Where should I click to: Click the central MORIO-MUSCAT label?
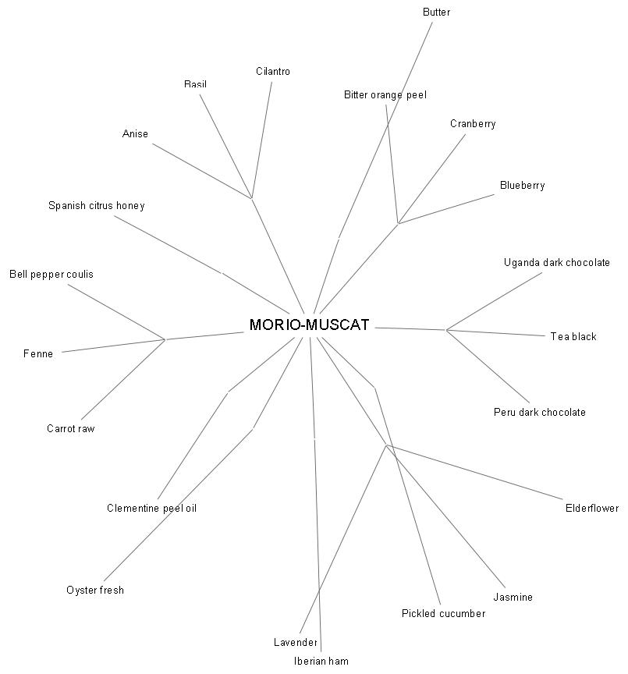pyautogui.click(x=309, y=325)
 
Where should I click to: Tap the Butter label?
pyautogui.click(x=436, y=12)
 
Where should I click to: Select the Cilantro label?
pyautogui.click(x=273, y=71)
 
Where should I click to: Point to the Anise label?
pyautogui.click(x=135, y=133)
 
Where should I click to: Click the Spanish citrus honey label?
pyautogui.click(x=96, y=205)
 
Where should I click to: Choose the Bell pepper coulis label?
pyautogui.click(x=51, y=275)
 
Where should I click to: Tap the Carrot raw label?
pyautogui.click(x=70, y=428)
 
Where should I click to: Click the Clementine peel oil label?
pyautogui.click(x=152, y=508)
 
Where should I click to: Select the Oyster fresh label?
pyautogui.click(x=95, y=591)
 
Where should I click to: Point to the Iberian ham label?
pyautogui.click(x=321, y=661)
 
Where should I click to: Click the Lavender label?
pyautogui.click(x=296, y=642)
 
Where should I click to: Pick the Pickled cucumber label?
pyautogui.click(x=444, y=613)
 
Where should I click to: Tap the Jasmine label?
pyautogui.click(x=513, y=597)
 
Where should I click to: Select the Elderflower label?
pyautogui.click(x=592, y=508)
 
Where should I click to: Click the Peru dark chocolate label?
pyautogui.click(x=539, y=412)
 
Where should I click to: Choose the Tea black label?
pyautogui.click(x=573, y=336)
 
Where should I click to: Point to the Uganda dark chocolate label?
pyautogui.click(x=557, y=263)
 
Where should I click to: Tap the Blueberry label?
pyautogui.click(x=522, y=185)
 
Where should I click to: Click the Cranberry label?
pyautogui.click(x=473, y=124)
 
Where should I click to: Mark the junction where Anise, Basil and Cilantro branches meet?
pyautogui.click(x=251, y=199)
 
